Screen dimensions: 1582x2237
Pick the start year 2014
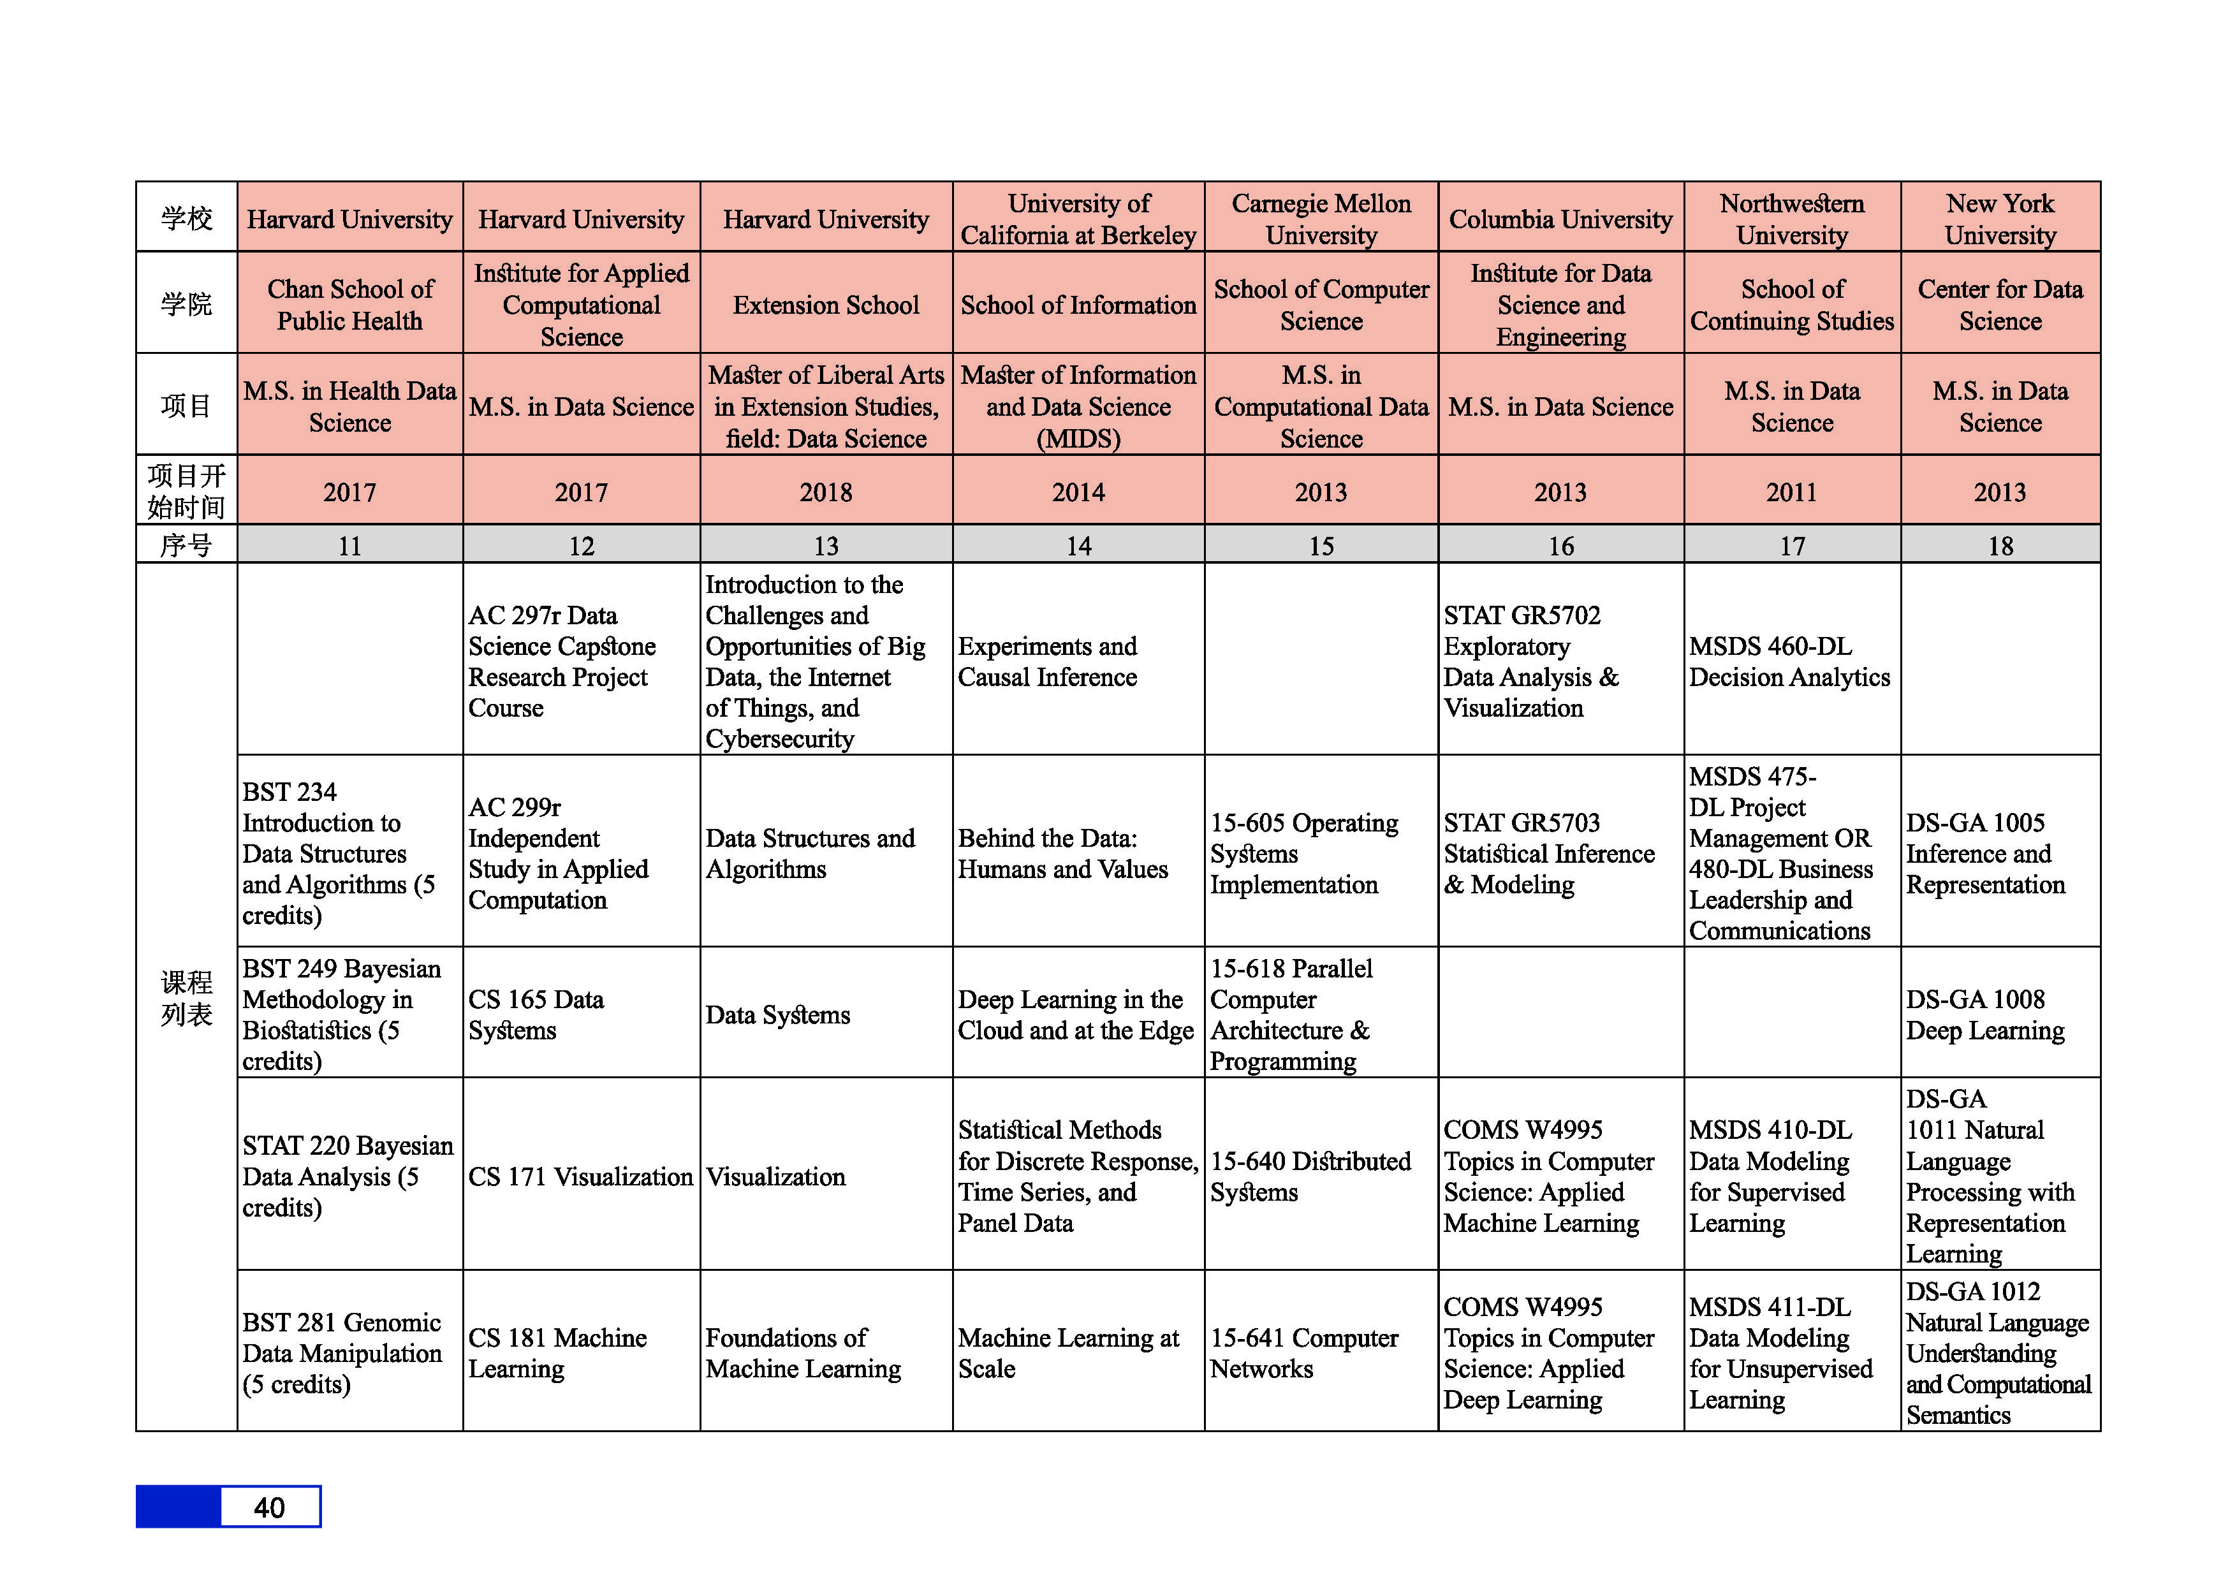click(x=1078, y=492)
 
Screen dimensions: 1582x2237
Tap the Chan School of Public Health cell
click(x=350, y=305)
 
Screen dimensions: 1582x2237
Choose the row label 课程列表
click(x=186, y=997)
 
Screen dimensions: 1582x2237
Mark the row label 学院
click(x=186, y=304)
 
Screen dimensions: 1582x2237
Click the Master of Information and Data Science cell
click(x=1078, y=406)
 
